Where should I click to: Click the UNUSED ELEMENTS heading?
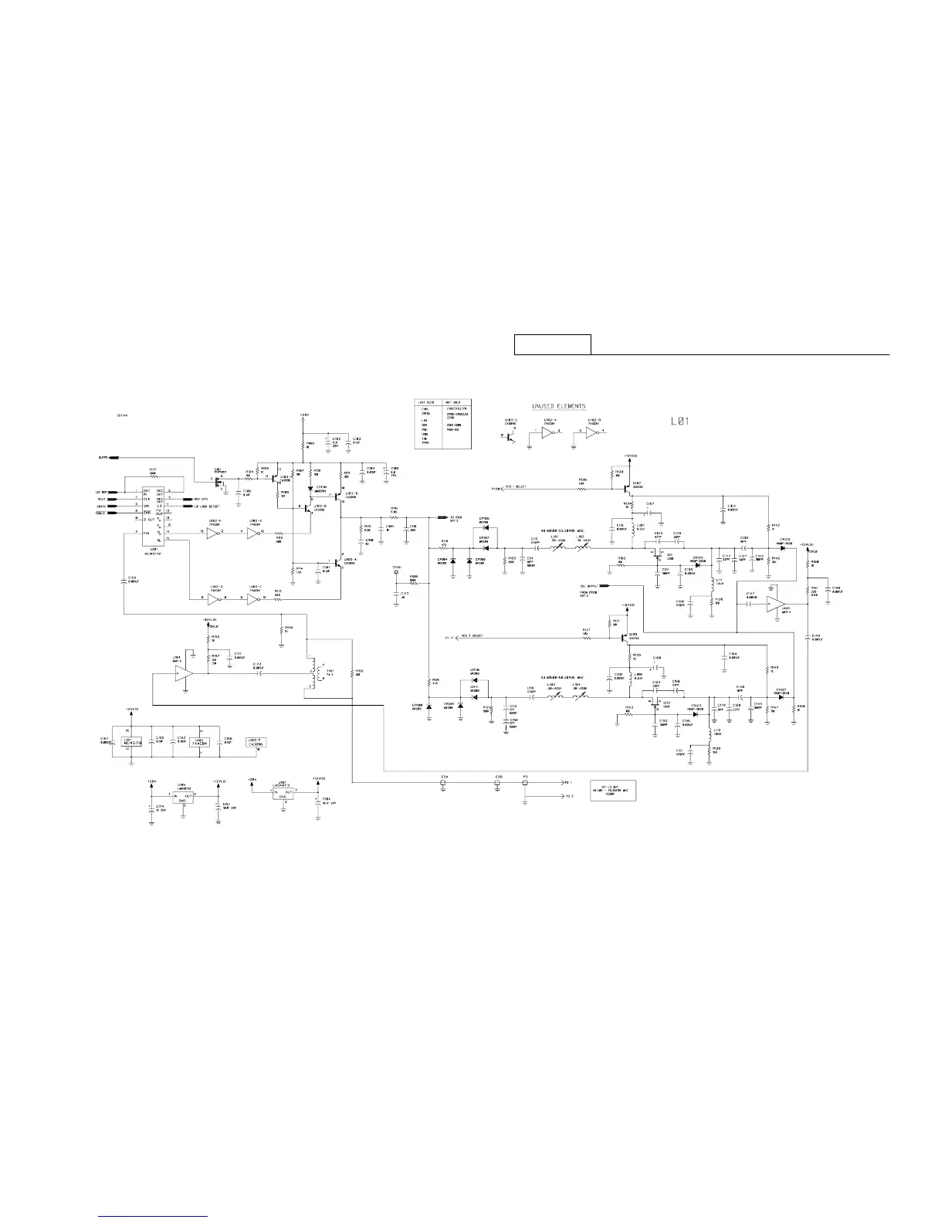(x=558, y=406)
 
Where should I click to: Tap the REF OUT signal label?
(x=203, y=500)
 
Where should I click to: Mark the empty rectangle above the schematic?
(x=553, y=344)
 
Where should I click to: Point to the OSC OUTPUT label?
(x=592, y=587)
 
